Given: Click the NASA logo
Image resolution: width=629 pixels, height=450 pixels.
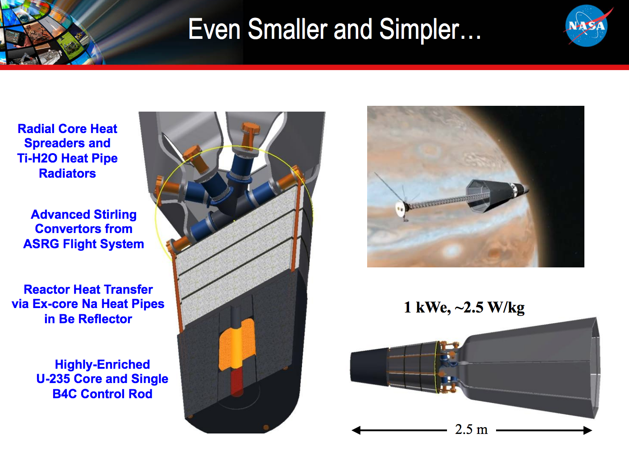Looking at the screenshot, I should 587,26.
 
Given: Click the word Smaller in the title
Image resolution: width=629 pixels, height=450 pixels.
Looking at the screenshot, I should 287,29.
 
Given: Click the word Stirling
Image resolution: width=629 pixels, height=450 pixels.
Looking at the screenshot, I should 112,215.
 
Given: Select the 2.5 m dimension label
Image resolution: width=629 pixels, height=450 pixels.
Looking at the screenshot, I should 471,429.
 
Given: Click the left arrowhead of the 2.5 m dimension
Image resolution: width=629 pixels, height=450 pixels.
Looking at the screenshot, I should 356,430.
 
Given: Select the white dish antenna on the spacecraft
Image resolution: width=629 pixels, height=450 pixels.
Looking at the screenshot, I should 401,208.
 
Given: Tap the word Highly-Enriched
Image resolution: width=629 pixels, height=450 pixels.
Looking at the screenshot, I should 102,365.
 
